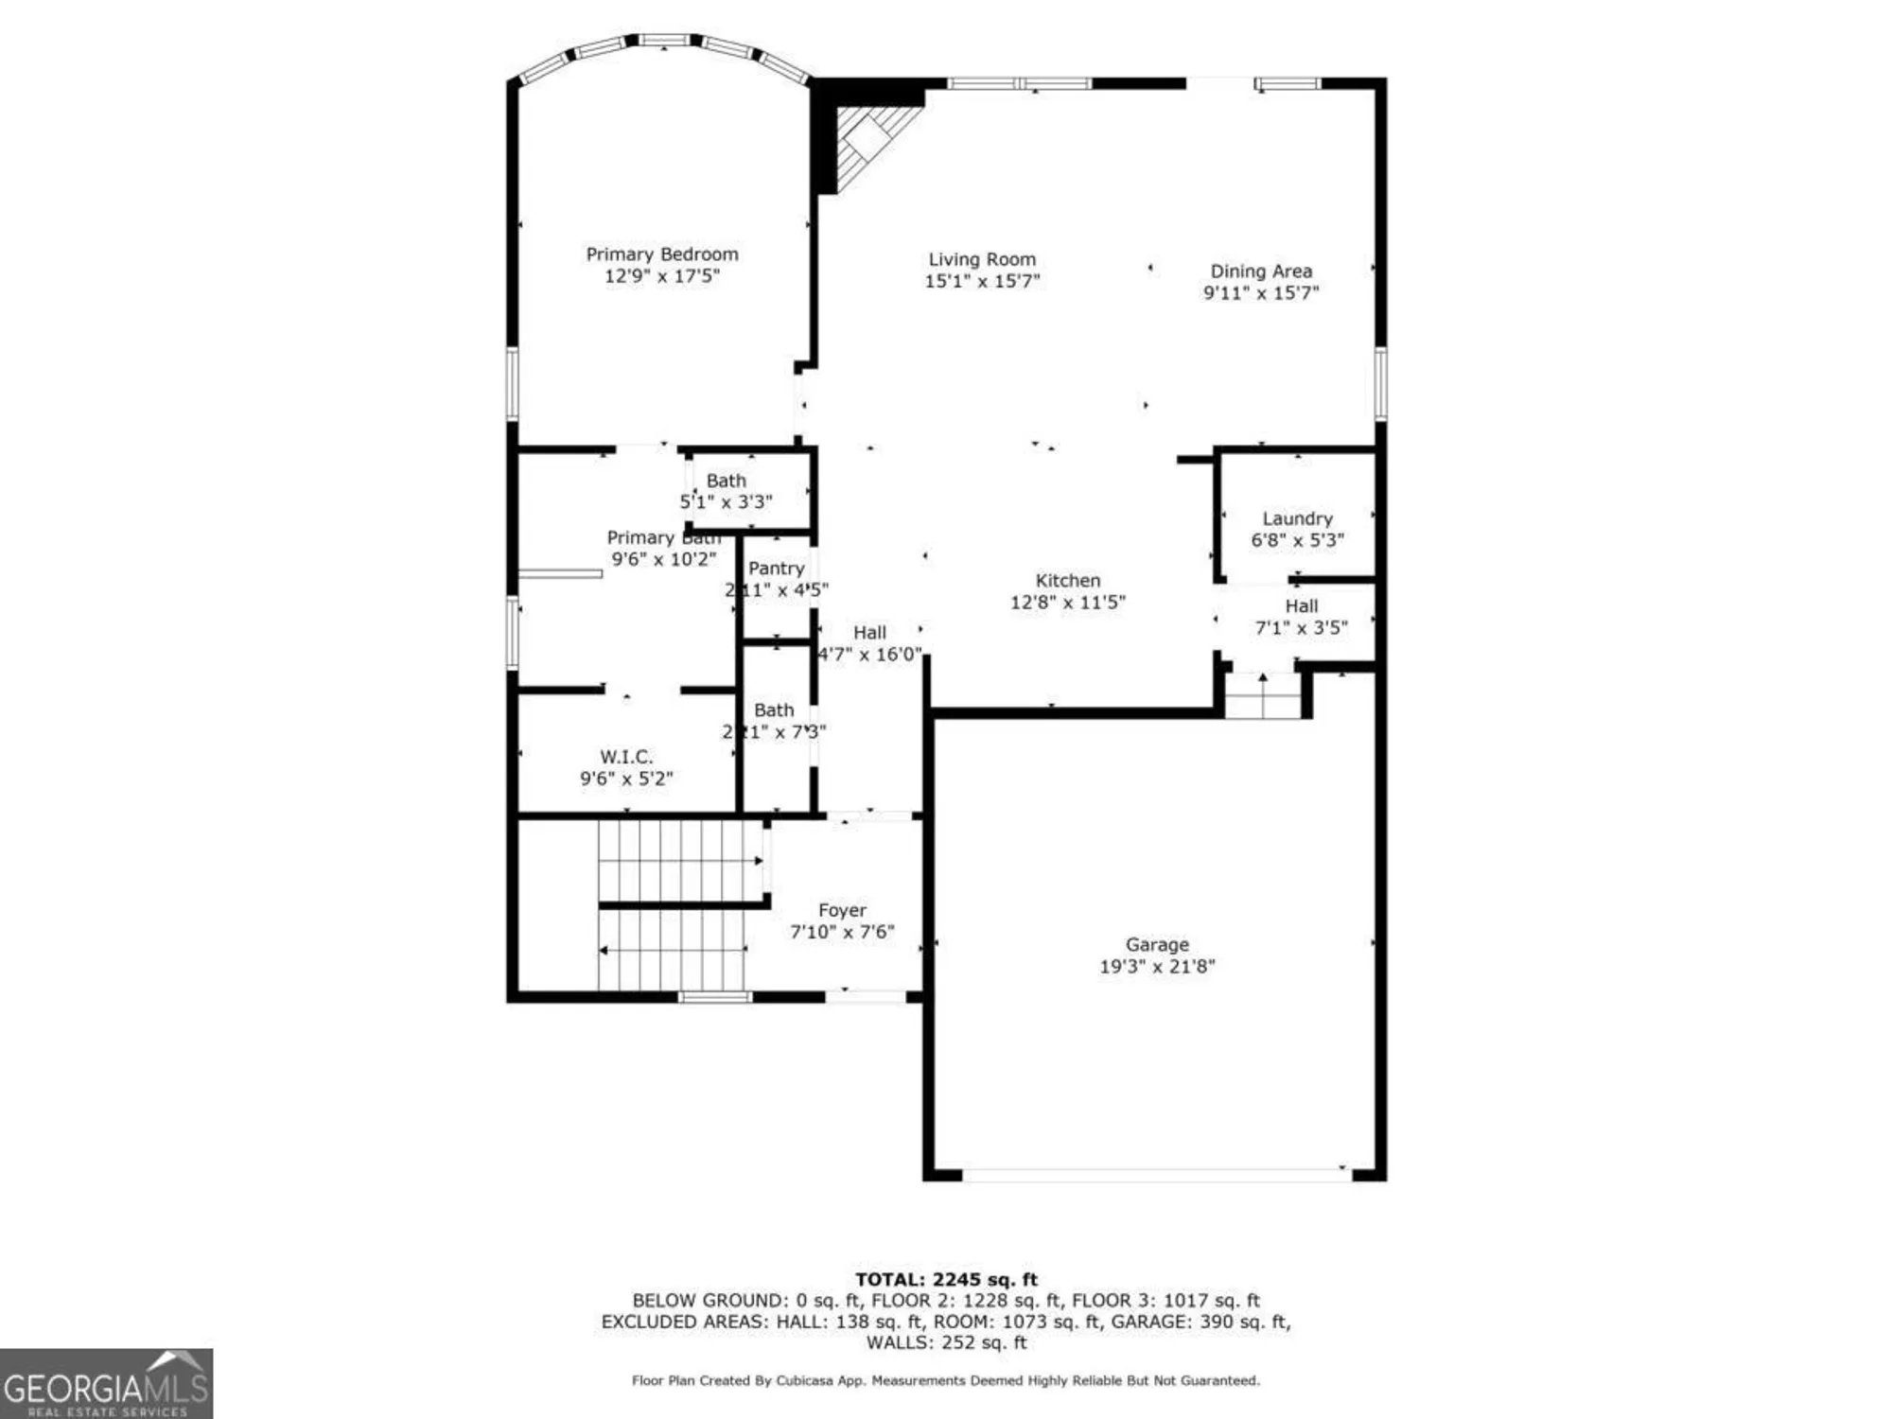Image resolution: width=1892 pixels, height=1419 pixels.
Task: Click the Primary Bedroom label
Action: point(661,254)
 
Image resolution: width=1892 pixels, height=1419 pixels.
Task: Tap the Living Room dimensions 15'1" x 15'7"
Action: point(981,281)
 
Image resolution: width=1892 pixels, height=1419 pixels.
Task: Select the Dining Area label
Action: point(1260,272)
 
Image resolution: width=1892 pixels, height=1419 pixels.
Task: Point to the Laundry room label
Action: point(1296,518)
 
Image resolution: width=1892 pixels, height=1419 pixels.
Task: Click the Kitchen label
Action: point(1067,581)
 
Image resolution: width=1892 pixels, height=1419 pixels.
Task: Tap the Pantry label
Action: point(776,569)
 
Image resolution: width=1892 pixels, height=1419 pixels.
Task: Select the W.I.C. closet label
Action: point(625,757)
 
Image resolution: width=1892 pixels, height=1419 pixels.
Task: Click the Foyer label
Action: point(842,910)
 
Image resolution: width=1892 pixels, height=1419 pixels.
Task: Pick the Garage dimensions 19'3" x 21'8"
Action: point(1156,967)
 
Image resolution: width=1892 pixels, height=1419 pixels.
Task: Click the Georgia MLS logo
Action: point(106,1383)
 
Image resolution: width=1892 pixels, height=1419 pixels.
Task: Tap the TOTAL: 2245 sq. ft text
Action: point(946,1280)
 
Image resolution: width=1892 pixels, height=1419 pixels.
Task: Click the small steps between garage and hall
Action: point(1263,700)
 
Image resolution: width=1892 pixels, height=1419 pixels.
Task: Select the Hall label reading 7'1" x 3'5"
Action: point(1301,606)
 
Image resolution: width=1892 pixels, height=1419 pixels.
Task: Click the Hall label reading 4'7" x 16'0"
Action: point(869,633)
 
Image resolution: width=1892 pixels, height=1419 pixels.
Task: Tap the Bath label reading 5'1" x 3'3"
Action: point(726,481)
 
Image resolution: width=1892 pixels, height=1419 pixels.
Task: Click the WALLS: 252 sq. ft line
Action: point(946,1342)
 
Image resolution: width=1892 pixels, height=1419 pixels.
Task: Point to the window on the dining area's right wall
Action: point(1380,383)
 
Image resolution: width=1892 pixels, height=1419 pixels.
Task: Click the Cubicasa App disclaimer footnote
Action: point(946,1381)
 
